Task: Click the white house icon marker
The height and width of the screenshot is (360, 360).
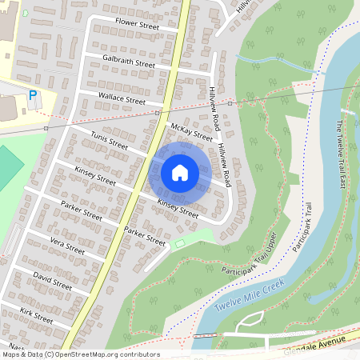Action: [180, 173]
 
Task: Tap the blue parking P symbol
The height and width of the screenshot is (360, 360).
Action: [33, 95]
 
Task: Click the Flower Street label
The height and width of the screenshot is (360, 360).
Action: [137, 23]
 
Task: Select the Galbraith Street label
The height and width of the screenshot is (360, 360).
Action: [129, 62]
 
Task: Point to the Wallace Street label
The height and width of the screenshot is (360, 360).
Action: [121, 99]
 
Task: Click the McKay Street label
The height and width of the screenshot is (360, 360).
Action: [191, 132]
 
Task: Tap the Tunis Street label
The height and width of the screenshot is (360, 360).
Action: [110, 142]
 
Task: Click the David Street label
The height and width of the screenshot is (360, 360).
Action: [52, 281]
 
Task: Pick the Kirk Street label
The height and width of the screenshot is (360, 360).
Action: [37, 315]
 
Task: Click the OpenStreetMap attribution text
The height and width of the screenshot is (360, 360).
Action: [80, 354]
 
